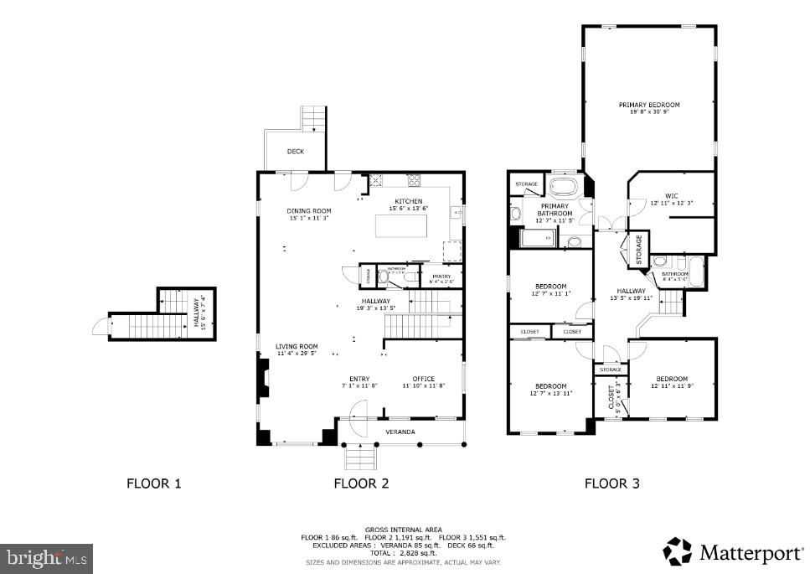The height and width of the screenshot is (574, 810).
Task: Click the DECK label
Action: tap(295, 152)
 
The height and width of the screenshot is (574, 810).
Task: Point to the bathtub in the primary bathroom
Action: tap(565, 186)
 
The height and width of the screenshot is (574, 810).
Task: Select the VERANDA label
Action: tap(400, 432)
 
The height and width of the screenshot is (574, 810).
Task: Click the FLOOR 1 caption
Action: tap(153, 483)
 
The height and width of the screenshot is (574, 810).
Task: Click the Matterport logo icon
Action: tap(678, 551)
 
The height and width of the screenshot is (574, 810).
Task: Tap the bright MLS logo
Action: tap(47, 557)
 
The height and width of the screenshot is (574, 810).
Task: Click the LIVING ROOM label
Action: tap(297, 349)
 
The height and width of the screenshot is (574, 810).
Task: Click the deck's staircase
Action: tap(313, 120)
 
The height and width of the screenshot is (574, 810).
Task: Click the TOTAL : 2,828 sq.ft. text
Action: tap(405, 553)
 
